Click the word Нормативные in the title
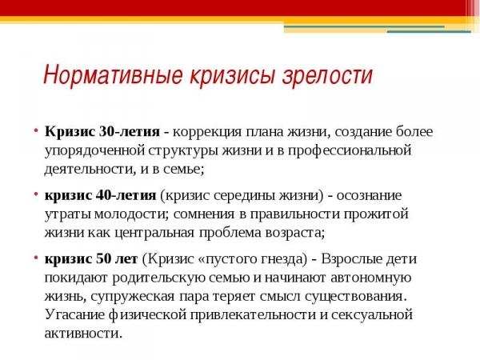[x=113, y=74]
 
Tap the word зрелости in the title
[x=327, y=76]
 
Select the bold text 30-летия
[x=130, y=132]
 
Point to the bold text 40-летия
[x=126, y=195]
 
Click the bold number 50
[x=103, y=259]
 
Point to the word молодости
[x=131, y=214]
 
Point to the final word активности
[x=83, y=334]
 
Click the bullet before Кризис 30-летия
[x=36, y=131]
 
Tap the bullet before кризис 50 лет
[x=36, y=258]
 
